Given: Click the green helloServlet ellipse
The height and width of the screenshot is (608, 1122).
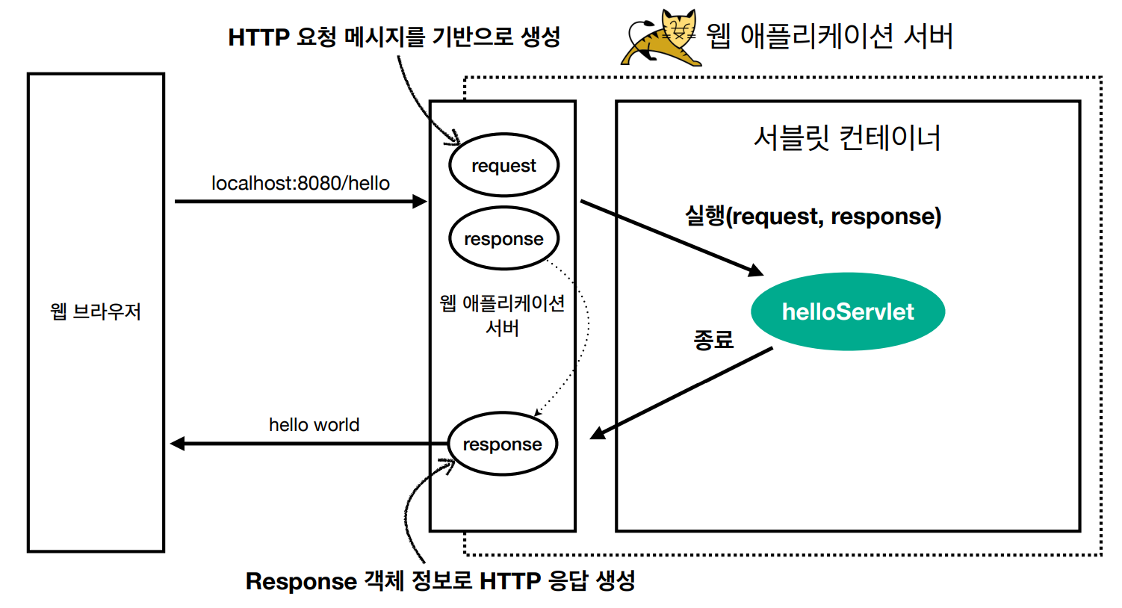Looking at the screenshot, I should [x=847, y=311].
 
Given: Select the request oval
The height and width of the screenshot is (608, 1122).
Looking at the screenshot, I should [x=503, y=165].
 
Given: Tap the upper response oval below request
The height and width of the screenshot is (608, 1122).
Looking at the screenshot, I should [x=503, y=238].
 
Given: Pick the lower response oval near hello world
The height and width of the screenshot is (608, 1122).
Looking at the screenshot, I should [x=502, y=444].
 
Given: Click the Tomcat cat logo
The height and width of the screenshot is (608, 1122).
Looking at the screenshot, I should [x=662, y=37].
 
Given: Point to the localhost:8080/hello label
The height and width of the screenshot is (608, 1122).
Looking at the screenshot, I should [x=300, y=183].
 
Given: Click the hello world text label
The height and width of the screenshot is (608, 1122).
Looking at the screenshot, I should [x=314, y=424].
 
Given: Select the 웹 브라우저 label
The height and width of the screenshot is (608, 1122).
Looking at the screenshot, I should [x=96, y=311].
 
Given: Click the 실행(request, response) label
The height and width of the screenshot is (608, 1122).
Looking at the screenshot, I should [x=813, y=216].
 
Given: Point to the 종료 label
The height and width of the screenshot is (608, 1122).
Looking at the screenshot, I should [x=713, y=340].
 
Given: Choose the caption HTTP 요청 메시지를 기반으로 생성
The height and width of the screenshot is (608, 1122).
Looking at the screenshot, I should [x=394, y=37].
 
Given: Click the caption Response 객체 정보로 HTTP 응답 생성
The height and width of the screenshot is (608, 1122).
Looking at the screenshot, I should [x=440, y=580].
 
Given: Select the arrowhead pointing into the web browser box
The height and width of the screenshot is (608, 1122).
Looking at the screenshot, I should [x=178, y=444].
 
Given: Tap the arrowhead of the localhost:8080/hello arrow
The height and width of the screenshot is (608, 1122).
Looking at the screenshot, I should [x=420, y=201].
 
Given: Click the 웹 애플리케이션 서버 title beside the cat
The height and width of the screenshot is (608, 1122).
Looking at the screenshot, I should [x=829, y=36].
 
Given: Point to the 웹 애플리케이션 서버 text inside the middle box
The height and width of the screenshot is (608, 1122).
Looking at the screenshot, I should [x=502, y=314].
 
